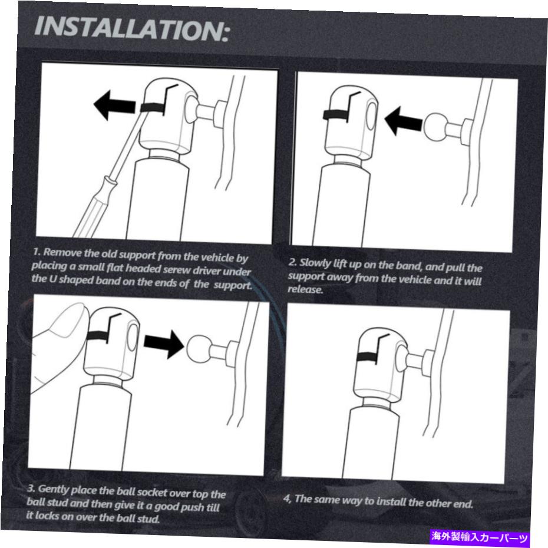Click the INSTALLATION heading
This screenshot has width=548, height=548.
pyautogui.click(x=132, y=28)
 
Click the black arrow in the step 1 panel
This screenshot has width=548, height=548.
pyautogui.click(x=115, y=105)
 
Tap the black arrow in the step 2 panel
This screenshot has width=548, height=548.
pyautogui.click(x=404, y=121)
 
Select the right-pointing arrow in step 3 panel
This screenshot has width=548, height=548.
pyautogui.click(x=164, y=344)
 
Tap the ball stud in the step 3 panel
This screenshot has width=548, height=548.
pyautogui.click(x=199, y=348)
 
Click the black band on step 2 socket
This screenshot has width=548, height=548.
pyautogui.click(x=335, y=115)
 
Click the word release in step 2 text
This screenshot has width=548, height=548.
pyautogui.click(x=305, y=289)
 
